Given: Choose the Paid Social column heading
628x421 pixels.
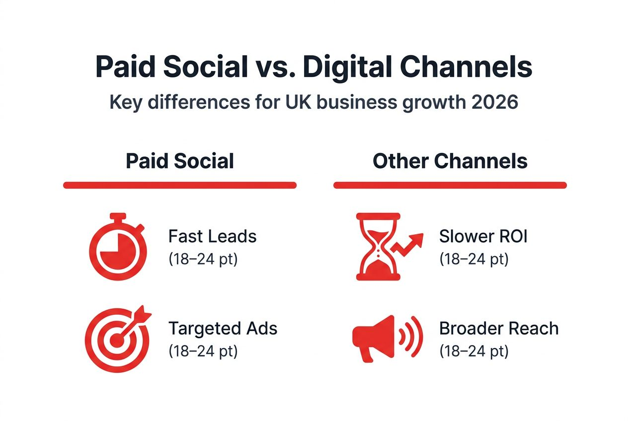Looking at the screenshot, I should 180,161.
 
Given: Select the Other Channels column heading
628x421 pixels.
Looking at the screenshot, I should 450,161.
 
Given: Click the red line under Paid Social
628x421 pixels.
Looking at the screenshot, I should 180,185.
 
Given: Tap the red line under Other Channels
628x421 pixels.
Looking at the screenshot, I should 450,185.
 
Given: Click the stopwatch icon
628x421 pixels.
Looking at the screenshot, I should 118,246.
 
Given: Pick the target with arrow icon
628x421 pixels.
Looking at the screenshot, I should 118,338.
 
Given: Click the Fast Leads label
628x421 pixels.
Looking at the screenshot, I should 212,237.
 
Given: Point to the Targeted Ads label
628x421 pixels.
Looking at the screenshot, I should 223,329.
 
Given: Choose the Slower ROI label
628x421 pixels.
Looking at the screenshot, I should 483,237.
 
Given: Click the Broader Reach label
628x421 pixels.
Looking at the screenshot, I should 499,329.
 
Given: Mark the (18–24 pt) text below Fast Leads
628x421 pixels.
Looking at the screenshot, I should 203,259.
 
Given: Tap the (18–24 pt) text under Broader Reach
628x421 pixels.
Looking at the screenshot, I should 473,351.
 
